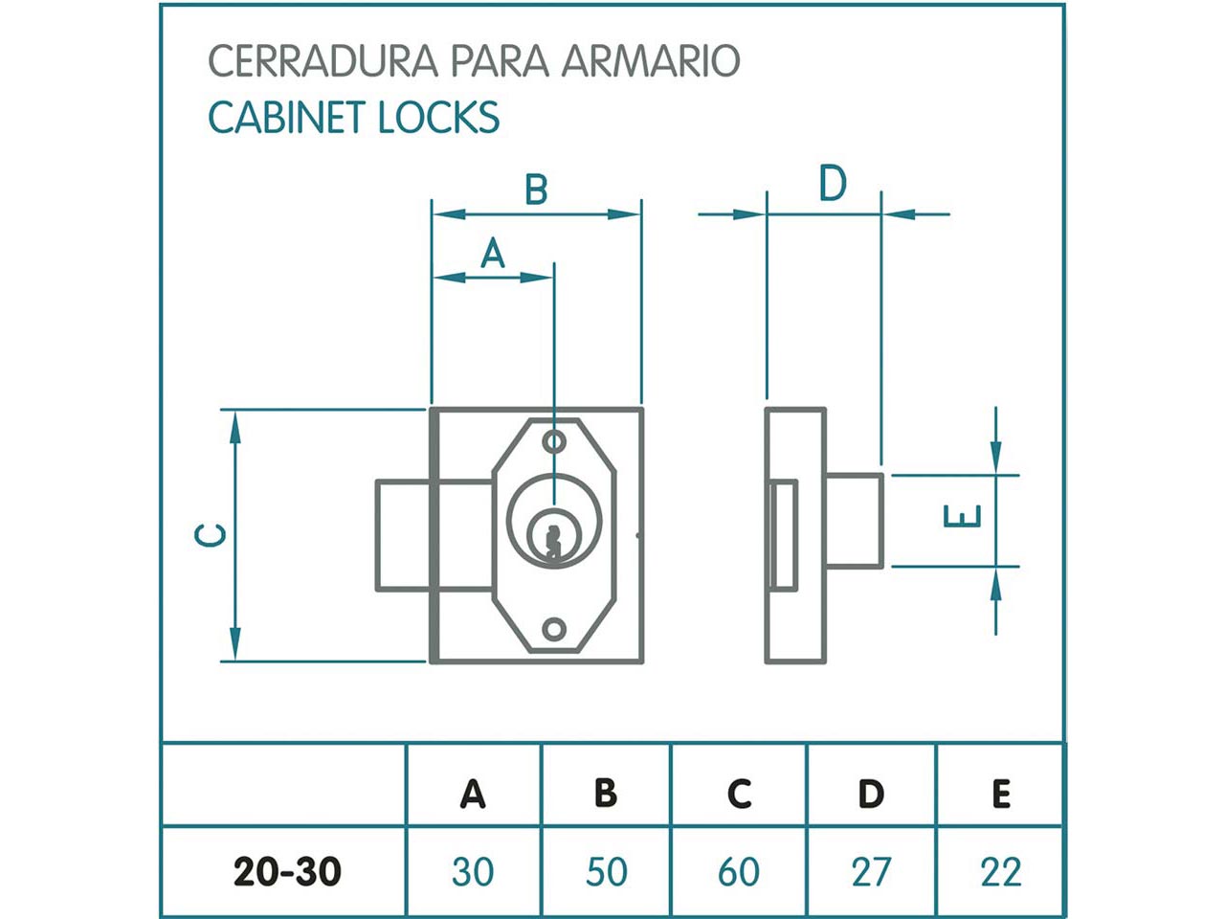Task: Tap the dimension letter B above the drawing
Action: tap(536, 190)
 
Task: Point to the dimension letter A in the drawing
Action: tap(492, 254)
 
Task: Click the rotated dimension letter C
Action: tap(212, 535)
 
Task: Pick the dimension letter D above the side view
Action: tap(832, 184)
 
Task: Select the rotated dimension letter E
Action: tap(963, 516)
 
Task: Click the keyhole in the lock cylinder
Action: tap(552, 539)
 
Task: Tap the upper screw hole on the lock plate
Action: tap(553, 441)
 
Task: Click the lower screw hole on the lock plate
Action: tap(553, 629)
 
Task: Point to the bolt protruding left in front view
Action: tap(403, 536)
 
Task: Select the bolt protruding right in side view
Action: tap(854, 520)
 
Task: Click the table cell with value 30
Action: tap(473, 872)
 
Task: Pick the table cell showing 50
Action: tap(606, 872)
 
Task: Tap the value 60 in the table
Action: tap(738, 872)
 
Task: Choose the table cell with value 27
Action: tap(870, 872)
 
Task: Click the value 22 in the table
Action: tap(1000, 872)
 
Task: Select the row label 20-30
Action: tap(287, 872)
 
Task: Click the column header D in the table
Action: tap(870, 794)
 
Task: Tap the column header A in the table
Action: tap(473, 794)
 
